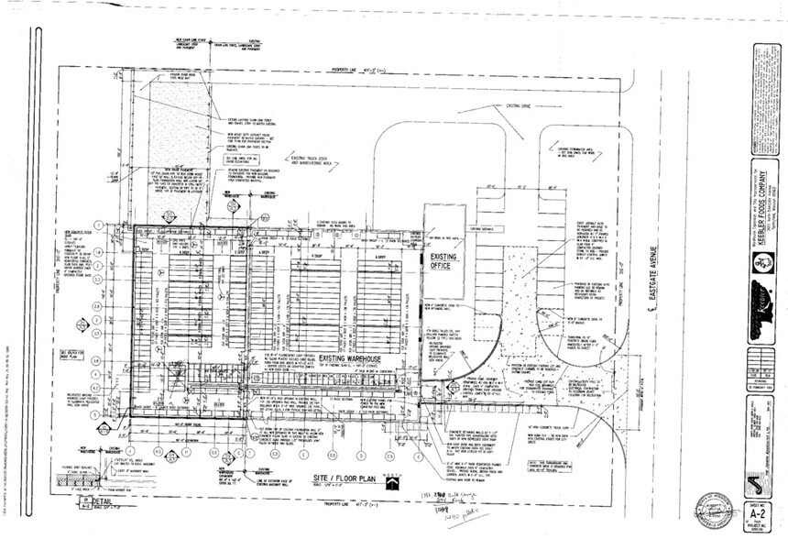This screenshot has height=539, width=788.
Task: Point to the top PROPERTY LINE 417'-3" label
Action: [x=353, y=67]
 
